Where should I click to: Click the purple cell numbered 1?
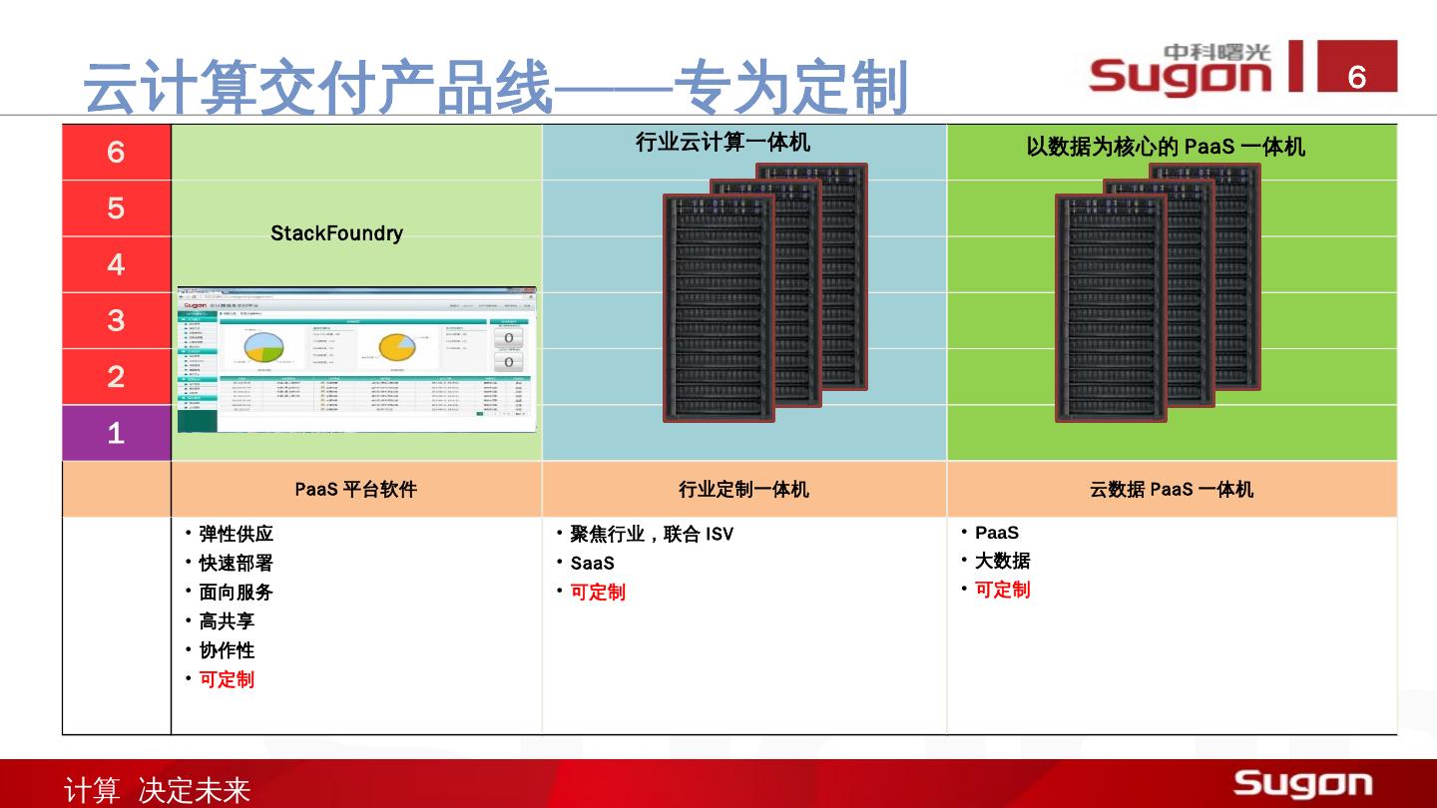(116, 433)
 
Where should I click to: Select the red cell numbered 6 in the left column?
(116, 152)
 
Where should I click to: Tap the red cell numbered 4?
(116, 264)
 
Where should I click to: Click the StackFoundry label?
(336, 233)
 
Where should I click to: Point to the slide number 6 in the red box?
(1356, 76)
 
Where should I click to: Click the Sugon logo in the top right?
(1182, 70)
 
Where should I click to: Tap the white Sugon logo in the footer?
(1302, 783)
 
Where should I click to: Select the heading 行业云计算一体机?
(722, 143)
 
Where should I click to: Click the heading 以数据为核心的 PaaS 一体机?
(1166, 147)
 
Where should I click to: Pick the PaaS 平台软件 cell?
(355, 490)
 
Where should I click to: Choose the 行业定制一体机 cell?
(743, 490)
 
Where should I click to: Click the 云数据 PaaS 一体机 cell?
(1171, 490)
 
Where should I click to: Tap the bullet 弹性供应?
(236, 534)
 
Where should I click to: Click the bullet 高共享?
(227, 620)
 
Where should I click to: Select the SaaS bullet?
(592, 563)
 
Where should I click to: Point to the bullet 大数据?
(1002, 561)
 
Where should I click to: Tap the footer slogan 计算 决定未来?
(157, 791)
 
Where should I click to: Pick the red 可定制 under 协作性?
(227, 679)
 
